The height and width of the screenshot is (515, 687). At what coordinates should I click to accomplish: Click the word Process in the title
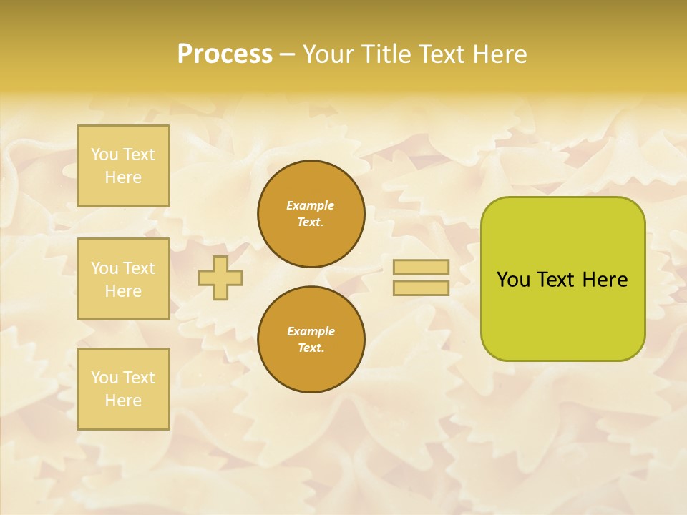click(x=225, y=54)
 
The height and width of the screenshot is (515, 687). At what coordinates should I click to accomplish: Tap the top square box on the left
click(x=123, y=166)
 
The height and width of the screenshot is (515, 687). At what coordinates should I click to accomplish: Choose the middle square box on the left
click(x=123, y=279)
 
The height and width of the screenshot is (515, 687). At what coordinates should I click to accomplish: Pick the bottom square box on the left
click(x=123, y=389)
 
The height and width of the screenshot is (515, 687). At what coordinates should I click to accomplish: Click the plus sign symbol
click(x=220, y=278)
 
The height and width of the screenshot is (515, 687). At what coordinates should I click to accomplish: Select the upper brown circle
click(x=311, y=214)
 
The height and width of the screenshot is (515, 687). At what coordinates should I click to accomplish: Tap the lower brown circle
click(x=311, y=340)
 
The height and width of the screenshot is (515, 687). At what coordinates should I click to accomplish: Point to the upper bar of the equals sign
click(x=422, y=268)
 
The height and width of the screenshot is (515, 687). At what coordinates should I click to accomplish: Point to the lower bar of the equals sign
click(x=422, y=288)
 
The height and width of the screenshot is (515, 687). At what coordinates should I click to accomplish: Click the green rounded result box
click(x=562, y=315)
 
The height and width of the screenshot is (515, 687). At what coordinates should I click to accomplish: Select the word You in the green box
click(x=513, y=280)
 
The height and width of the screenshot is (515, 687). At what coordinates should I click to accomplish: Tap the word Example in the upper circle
click(x=311, y=205)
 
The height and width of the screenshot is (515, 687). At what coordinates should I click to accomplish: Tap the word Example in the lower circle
click(x=311, y=331)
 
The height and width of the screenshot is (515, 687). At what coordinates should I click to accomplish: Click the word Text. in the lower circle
click(x=311, y=348)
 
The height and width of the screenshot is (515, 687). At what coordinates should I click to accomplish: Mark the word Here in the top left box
click(x=123, y=177)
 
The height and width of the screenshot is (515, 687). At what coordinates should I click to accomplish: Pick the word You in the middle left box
click(x=104, y=268)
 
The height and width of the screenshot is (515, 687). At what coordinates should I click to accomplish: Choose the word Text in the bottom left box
click(x=139, y=378)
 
